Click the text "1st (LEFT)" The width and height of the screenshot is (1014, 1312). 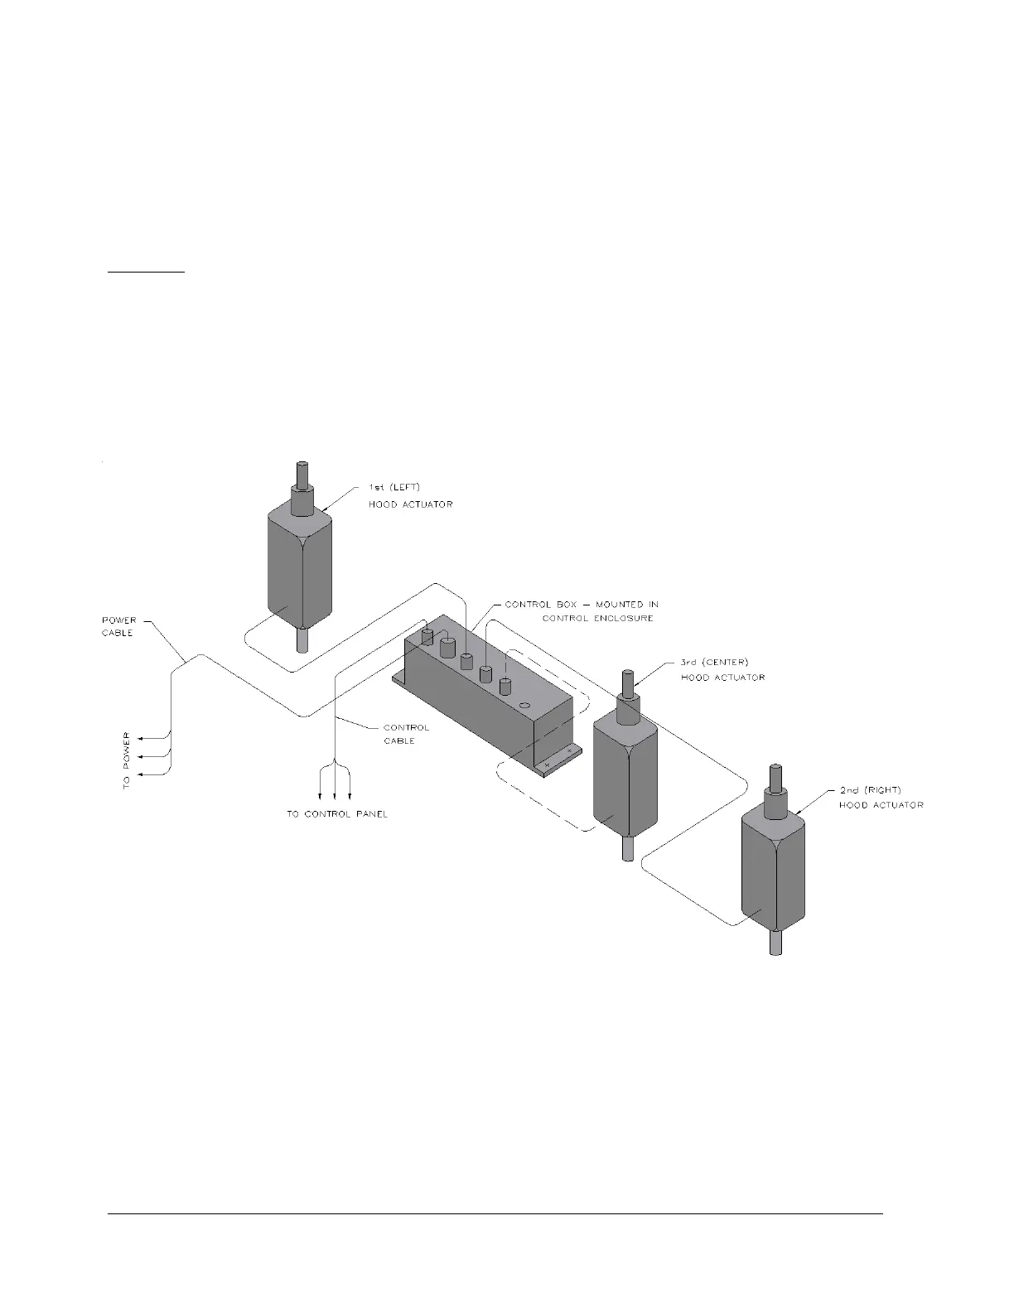394,486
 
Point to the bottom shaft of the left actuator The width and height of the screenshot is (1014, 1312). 302,640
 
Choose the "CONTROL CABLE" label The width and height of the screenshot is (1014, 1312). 406,734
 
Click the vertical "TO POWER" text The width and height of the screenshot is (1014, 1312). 127,760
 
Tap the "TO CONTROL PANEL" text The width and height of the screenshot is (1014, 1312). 337,814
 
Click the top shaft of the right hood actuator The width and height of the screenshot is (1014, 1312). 777,779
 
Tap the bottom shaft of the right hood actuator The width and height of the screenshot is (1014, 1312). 776,942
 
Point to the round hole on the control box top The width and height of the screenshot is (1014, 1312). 524,706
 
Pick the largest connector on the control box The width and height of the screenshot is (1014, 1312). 449,646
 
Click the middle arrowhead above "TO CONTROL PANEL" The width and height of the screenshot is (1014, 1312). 335,792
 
